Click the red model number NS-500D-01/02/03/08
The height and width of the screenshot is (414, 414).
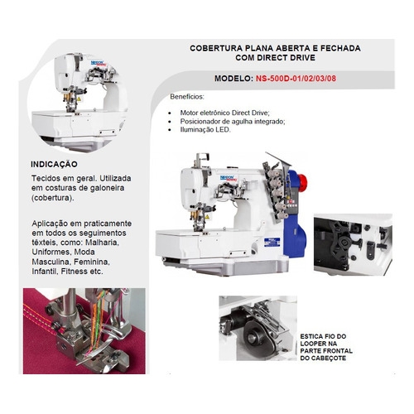pos(296,79)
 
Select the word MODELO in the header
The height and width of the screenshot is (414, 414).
pos(233,79)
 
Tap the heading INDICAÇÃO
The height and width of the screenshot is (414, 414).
pos(54,164)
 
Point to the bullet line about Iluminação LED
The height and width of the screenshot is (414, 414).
pos(205,130)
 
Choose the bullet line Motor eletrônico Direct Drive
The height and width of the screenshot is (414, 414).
pos(224,113)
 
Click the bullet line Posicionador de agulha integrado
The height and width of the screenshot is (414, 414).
pos(233,121)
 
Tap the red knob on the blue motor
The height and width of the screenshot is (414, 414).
pos(303,181)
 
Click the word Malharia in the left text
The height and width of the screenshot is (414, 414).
pos(102,243)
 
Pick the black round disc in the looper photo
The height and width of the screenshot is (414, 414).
pos(254,337)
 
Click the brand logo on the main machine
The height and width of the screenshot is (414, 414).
pos(228,178)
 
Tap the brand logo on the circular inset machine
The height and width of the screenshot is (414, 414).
pos(98,63)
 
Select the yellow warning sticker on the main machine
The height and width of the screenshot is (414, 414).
pos(207,217)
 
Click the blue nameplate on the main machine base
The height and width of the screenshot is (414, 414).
pos(272,242)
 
